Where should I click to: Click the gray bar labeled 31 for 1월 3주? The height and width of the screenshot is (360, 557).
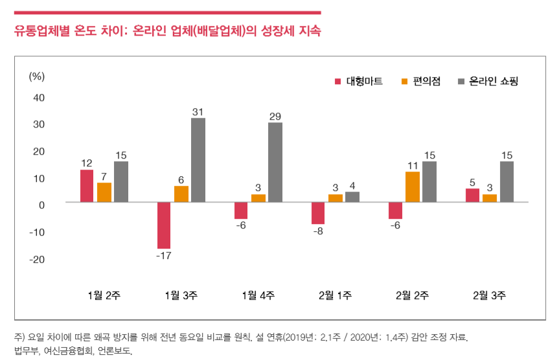198,160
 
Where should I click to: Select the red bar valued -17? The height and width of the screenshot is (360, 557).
164,225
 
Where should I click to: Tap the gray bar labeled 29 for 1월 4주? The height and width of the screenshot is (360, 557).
275,162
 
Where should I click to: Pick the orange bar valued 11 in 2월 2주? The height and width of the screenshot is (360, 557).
413,186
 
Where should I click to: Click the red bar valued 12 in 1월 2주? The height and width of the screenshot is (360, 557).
87,186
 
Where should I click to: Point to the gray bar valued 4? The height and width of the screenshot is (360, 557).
352,197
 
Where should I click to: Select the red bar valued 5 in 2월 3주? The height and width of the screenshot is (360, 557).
473,196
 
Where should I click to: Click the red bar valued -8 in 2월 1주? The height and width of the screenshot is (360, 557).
318,213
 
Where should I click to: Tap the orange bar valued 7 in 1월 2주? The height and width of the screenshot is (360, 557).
104,192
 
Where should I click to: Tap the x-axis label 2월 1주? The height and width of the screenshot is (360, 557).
335,295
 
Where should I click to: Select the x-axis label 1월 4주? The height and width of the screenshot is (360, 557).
258,295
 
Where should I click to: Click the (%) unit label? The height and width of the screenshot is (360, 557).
37,76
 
